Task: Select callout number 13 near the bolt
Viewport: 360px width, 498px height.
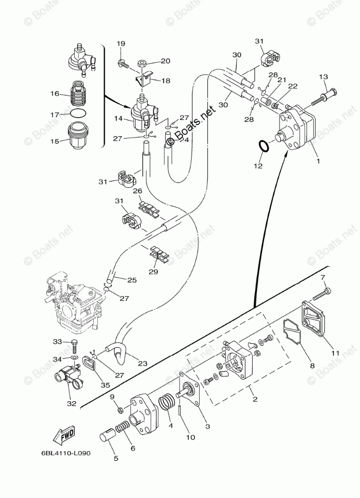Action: (323, 77)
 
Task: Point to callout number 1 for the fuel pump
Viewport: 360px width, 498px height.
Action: (318, 161)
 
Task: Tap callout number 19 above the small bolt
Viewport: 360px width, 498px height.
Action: (121, 43)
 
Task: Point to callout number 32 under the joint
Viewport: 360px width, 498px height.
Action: (72, 403)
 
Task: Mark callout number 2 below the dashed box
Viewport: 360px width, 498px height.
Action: (255, 399)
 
